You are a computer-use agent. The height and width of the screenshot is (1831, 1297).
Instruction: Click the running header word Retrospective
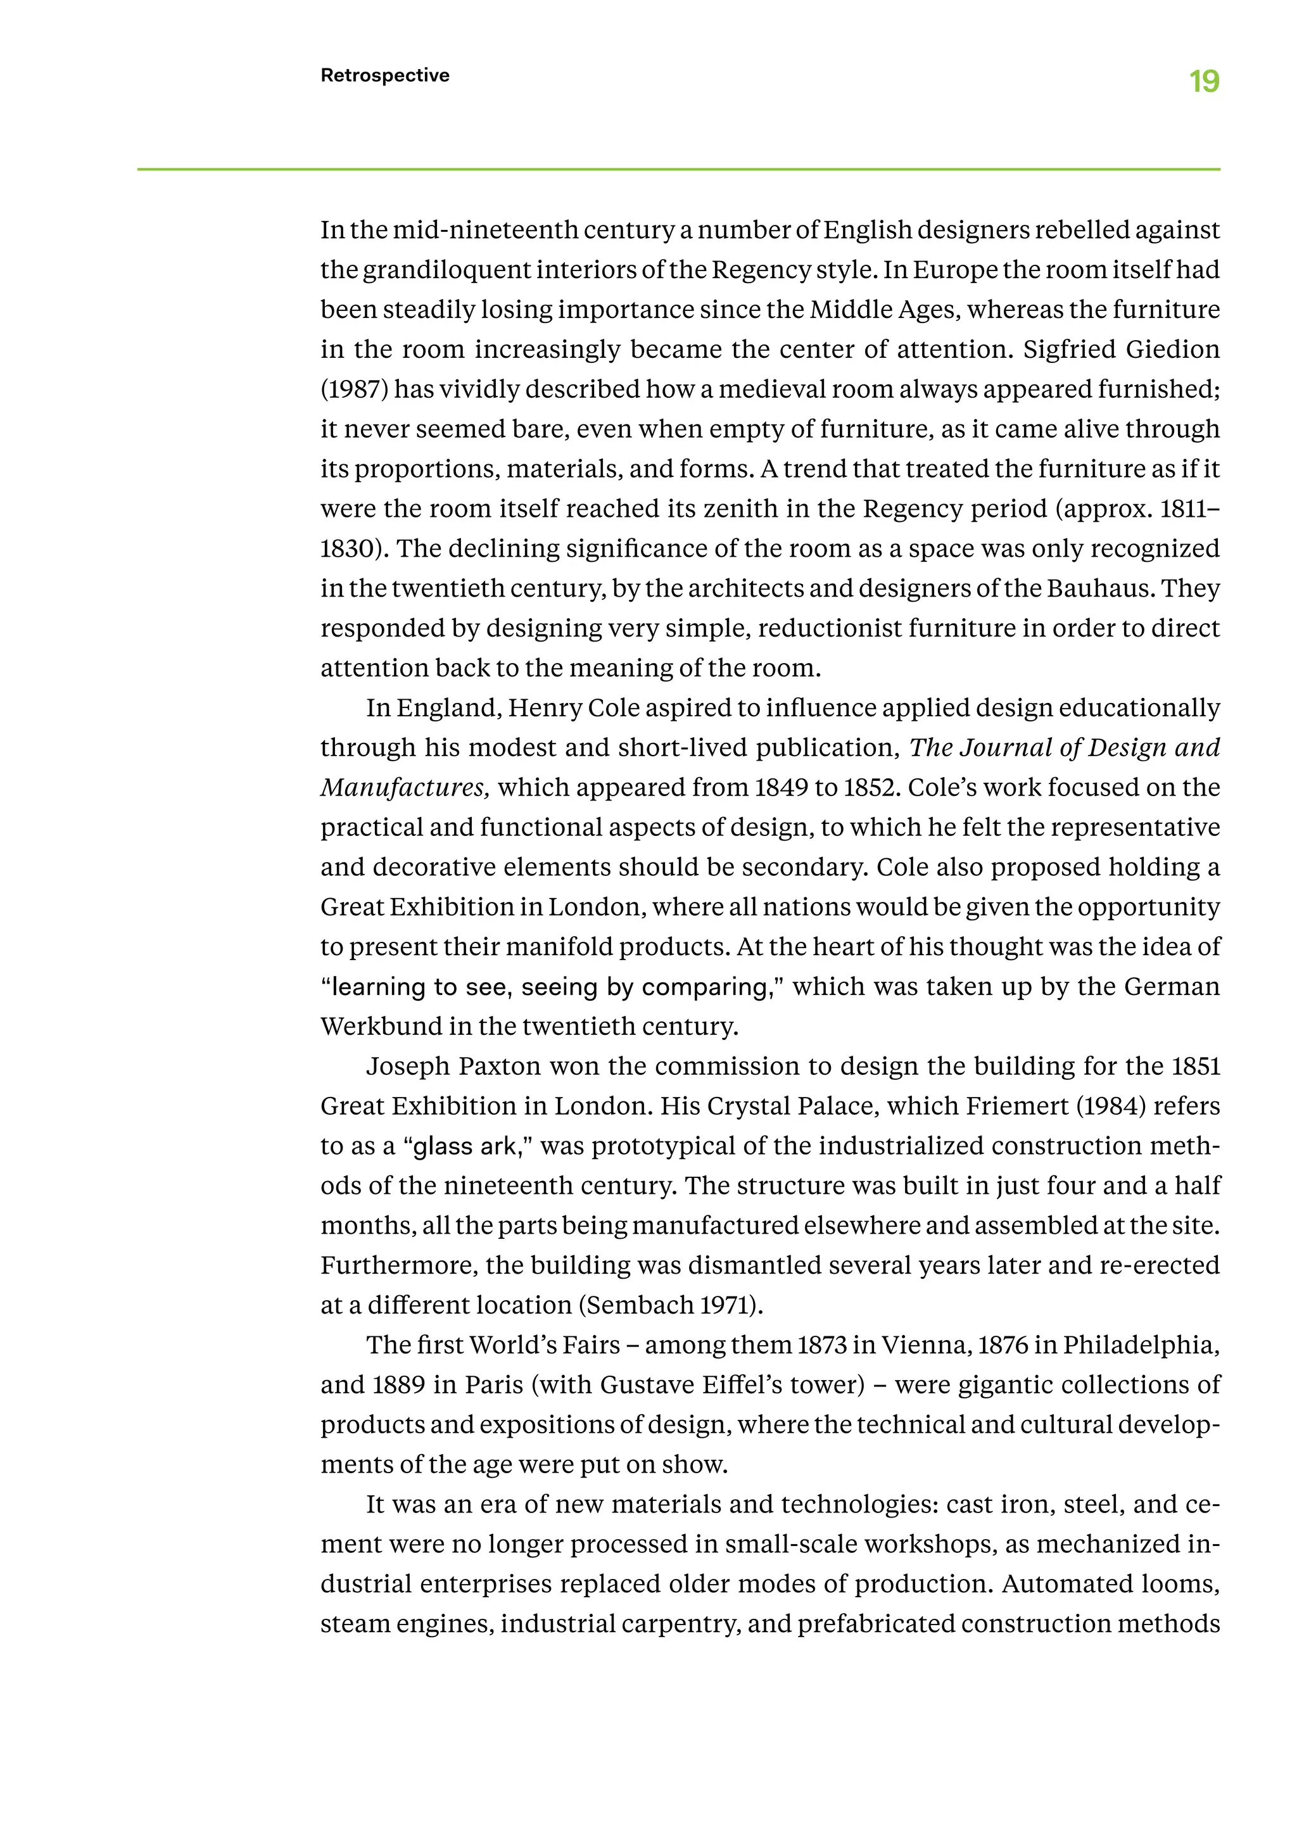(x=384, y=75)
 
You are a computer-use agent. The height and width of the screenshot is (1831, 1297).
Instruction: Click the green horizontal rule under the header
(x=678, y=169)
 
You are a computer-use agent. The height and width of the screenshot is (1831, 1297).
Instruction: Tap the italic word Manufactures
(x=404, y=788)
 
